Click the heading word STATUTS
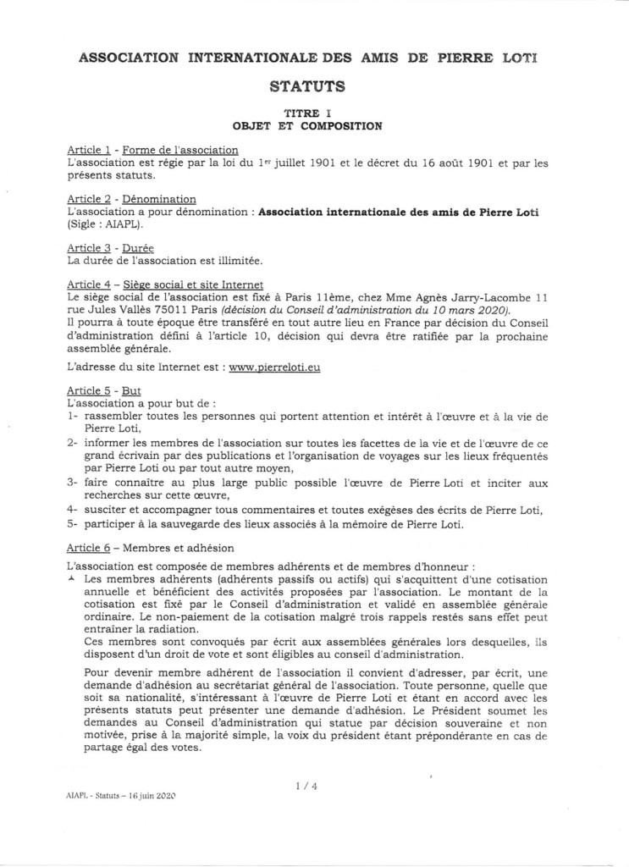313,86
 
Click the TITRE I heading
313,112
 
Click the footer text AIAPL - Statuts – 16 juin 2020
119,797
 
